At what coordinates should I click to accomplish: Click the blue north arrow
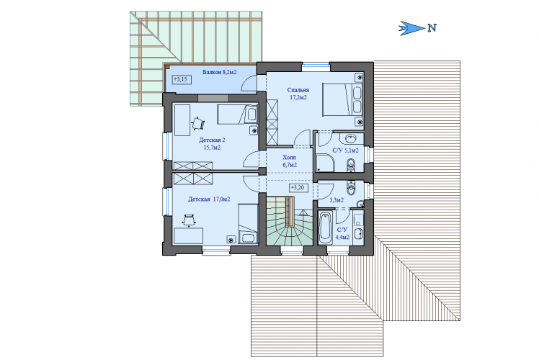click(x=411, y=28)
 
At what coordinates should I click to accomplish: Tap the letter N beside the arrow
click(x=432, y=28)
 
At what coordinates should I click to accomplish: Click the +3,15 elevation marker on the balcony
click(x=181, y=80)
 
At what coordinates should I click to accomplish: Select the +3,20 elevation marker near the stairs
click(x=298, y=188)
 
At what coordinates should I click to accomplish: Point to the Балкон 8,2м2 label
click(x=219, y=72)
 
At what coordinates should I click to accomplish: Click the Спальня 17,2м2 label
click(x=298, y=94)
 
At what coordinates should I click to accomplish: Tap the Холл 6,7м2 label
click(x=290, y=161)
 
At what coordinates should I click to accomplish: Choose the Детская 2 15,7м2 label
click(x=212, y=144)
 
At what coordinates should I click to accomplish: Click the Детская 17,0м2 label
click(x=209, y=199)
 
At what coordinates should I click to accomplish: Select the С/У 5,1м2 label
click(x=345, y=150)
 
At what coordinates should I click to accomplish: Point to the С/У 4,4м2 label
click(x=342, y=233)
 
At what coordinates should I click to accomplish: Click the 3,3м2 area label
click(x=337, y=200)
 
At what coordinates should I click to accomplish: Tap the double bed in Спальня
click(x=342, y=99)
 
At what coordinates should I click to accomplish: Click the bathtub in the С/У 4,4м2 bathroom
click(x=325, y=227)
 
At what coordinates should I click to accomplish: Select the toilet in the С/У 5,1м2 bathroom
click(x=351, y=164)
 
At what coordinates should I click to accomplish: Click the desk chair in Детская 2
click(x=197, y=123)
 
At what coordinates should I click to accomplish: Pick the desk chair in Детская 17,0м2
click(x=189, y=220)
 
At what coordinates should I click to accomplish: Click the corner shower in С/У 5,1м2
click(x=325, y=163)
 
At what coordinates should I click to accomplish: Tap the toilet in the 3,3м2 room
click(x=351, y=187)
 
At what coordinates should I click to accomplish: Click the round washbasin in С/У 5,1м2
click(x=350, y=139)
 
